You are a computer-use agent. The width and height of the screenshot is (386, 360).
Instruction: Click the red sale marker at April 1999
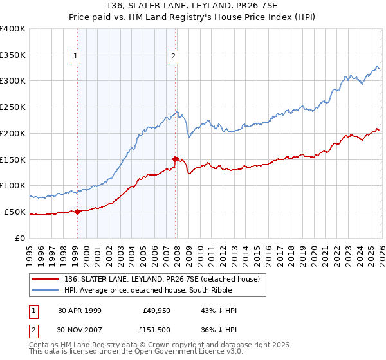point(77,211)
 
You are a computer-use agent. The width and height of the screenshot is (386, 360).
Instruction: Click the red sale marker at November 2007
point(174,157)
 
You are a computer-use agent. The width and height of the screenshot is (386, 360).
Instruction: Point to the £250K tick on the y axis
point(14,107)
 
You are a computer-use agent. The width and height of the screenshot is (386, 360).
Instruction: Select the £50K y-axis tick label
point(15,212)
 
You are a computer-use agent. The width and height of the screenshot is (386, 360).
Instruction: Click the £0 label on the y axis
point(21,238)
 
